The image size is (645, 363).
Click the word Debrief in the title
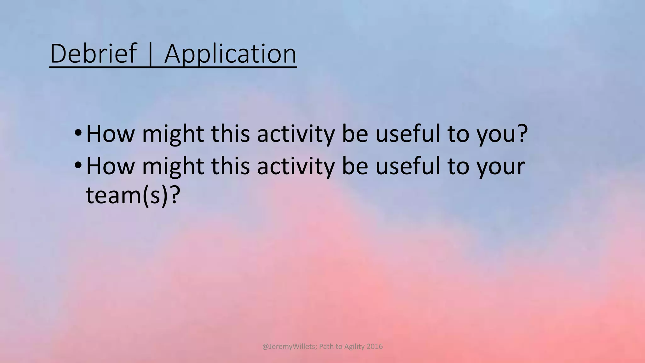pyautogui.click(x=94, y=54)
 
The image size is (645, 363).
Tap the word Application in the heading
pyautogui.click(x=230, y=54)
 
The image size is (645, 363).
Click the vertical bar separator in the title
pyautogui.click(x=150, y=54)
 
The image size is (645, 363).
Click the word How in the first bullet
pyautogui.click(x=110, y=134)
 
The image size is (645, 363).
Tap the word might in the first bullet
pyautogui.click(x=173, y=134)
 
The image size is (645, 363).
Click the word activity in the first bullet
pyautogui.click(x=295, y=134)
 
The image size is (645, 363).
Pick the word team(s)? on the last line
pyautogui.click(x=133, y=195)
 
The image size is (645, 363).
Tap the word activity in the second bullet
pyautogui.click(x=295, y=167)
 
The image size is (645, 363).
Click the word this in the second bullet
pyautogui.click(x=230, y=167)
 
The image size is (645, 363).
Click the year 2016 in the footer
pyautogui.click(x=374, y=347)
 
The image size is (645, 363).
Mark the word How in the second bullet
pyautogui.click(x=110, y=167)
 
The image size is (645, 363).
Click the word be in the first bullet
pyautogui.click(x=355, y=134)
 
